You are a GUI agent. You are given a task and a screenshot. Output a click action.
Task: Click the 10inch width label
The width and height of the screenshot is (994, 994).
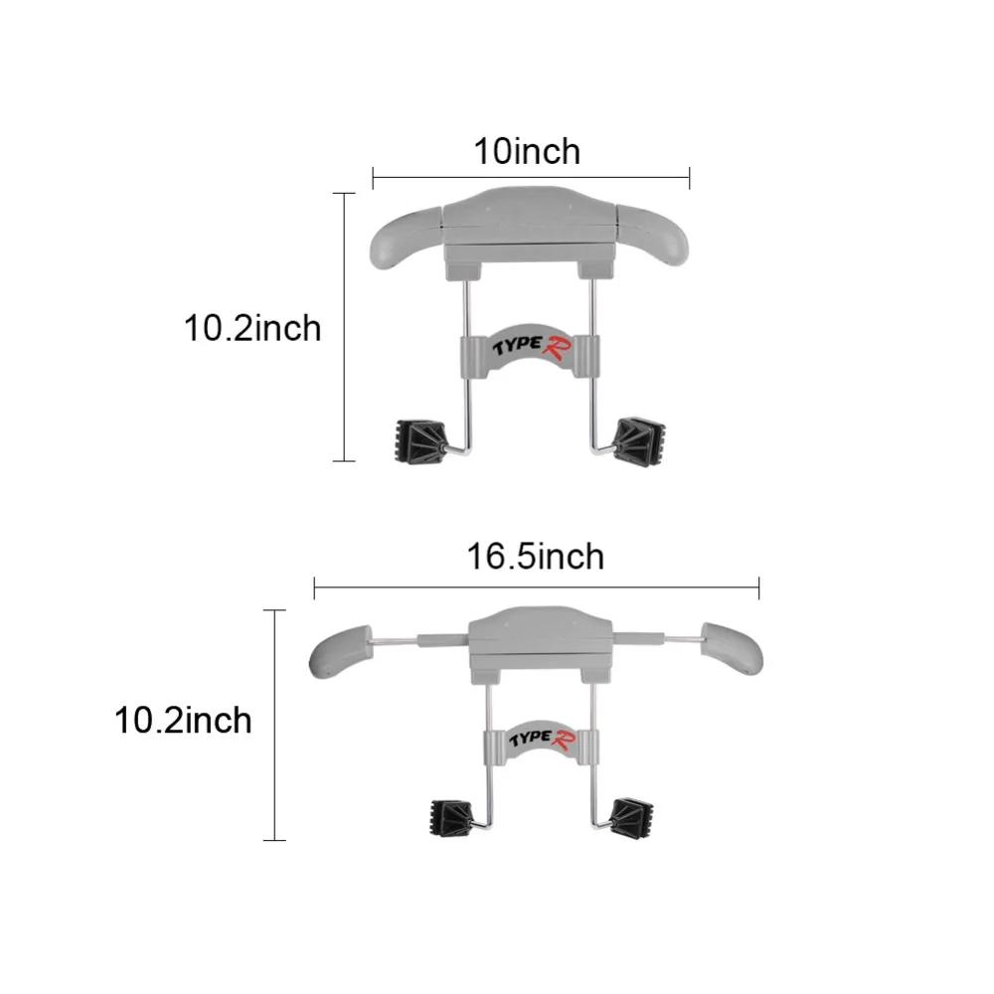[x=527, y=152]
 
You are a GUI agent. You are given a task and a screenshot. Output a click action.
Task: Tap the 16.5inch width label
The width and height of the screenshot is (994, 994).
[x=536, y=557]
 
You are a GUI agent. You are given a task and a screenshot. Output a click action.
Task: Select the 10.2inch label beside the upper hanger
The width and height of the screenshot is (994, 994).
[x=252, y=328]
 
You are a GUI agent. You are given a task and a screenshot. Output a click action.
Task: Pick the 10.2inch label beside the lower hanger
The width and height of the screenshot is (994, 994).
[x=183, y=721]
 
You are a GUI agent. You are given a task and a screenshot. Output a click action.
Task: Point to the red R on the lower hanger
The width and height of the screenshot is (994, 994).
[x=563, y=740]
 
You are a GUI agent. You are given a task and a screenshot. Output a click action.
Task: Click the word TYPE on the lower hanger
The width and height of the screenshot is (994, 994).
[x=530, y=739]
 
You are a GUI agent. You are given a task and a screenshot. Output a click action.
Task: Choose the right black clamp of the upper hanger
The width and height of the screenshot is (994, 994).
[x=639, y=440]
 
